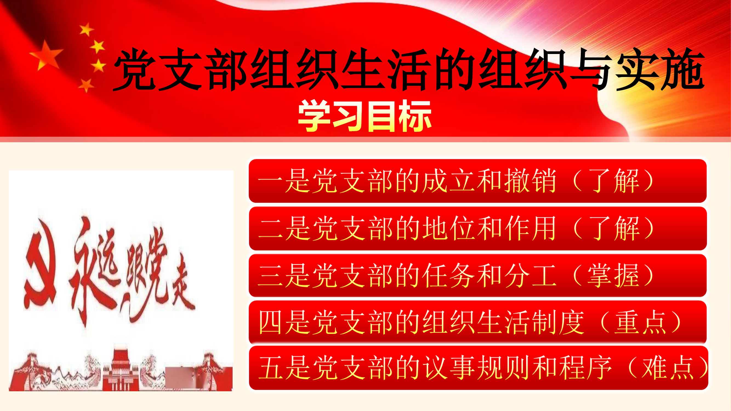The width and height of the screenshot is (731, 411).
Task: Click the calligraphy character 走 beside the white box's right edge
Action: pyautogui.click(x=182, y=287)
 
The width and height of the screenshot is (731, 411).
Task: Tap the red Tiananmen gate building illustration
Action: pyautogui.click(x=121, y=369)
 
